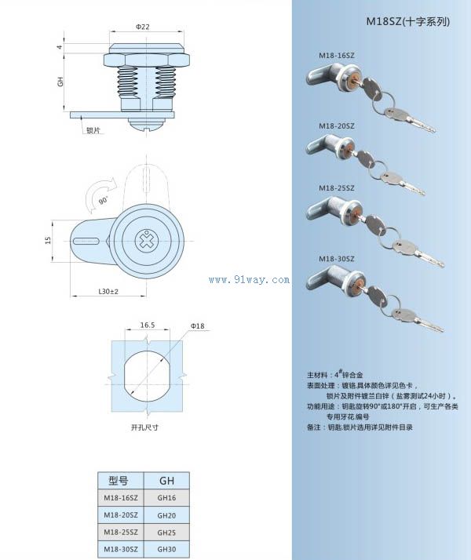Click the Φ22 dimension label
(142, 27)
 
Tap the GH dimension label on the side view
(60, 82)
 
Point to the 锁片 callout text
(93, 130)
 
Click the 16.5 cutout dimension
(148, 324)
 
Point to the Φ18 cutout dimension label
(197, 325)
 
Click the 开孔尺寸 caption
(144, 427)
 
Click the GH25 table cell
(167, 533)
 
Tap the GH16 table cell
(167, 498)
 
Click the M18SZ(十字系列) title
(408, 23)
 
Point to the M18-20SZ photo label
(336, 125)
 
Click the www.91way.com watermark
(250, 279)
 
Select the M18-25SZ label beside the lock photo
(336, 188)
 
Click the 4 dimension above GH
(60, 47)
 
